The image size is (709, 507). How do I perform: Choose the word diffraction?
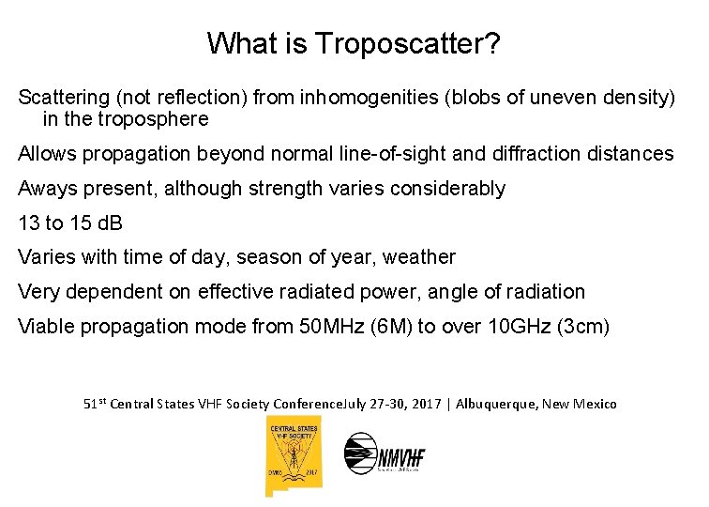pos(552,153)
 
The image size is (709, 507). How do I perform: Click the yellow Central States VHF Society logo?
pos(294,455)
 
